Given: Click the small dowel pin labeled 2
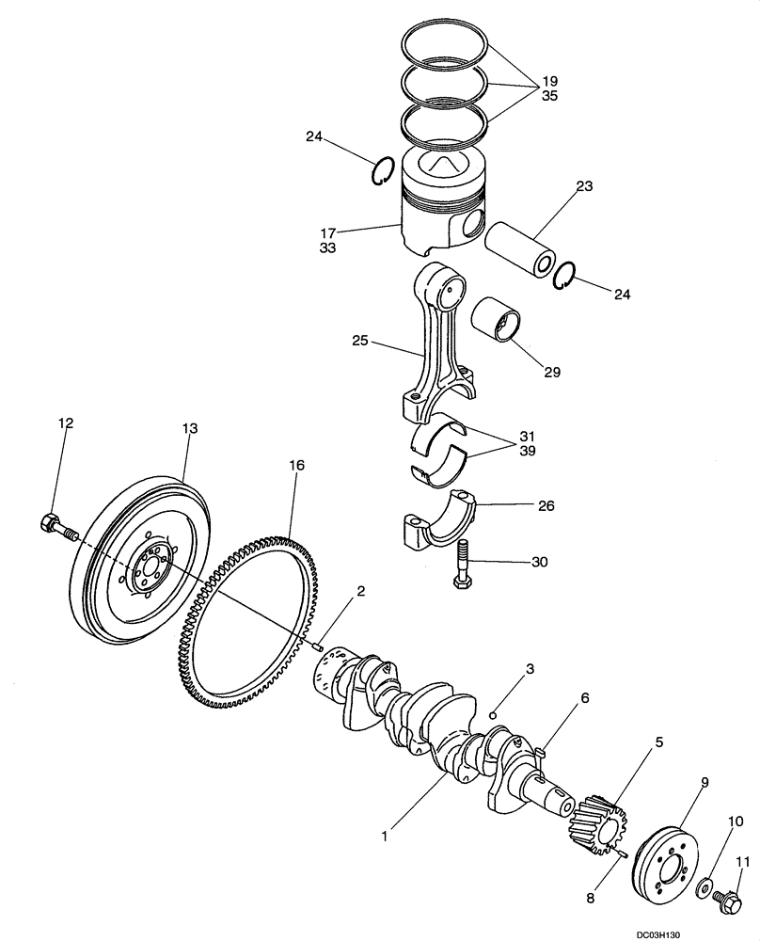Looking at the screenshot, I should pyautogui.click(x=318, y=646).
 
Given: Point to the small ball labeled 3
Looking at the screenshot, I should pyautogui.click(x=493, y=714).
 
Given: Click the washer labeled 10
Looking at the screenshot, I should pyautogui.click(x=703, y=886).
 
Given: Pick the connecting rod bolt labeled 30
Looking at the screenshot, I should pyautogui.click(x=463, y=566).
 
